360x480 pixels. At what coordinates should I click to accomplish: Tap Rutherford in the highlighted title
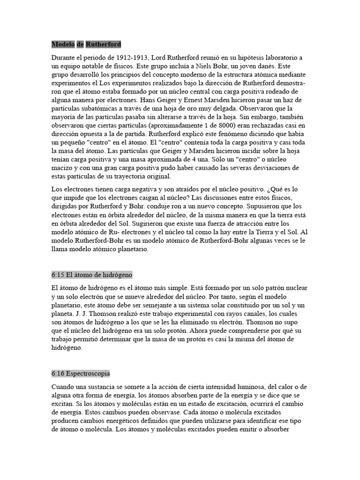click(103, 44)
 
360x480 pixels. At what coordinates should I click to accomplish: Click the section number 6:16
click(59, 374)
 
